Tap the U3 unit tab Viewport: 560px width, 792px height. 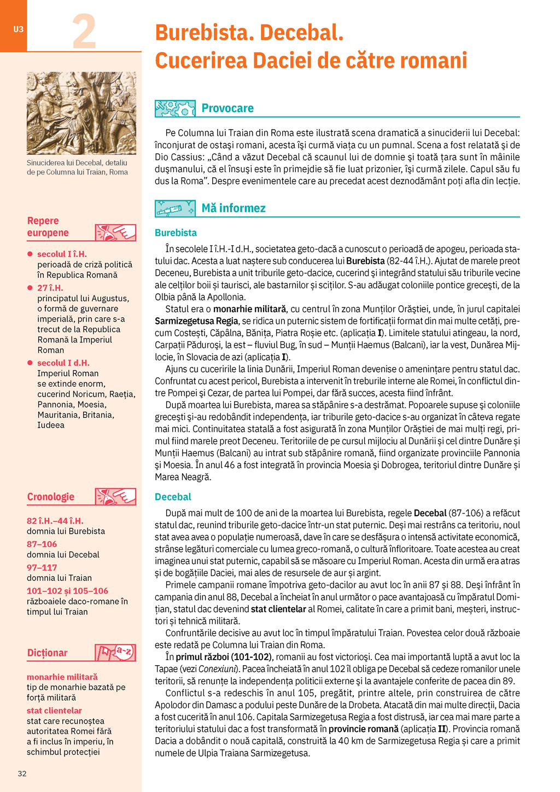[18, 29]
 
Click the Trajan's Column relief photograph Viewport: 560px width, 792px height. [81, 113]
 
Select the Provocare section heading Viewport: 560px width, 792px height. [227, 108]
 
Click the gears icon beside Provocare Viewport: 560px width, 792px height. [175, 108]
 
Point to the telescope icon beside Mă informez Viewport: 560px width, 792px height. [175, 208]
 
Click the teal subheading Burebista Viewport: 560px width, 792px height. [176, 233]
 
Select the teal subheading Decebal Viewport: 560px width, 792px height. [173, 497]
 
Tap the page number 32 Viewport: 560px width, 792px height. [22, 773]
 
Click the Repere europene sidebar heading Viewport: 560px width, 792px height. [48, 227]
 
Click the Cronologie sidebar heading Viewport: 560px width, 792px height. [51, 497]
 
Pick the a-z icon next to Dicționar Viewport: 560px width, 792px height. [115, 652]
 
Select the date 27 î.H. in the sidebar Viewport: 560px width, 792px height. [50, 288]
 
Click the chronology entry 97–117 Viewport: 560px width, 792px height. [42, 567]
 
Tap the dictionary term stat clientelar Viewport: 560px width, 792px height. [54, 711]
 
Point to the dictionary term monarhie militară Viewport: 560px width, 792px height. [62, 677]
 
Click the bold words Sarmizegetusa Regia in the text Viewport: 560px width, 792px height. [196, 321]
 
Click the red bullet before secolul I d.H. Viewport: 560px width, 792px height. [30, 363]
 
